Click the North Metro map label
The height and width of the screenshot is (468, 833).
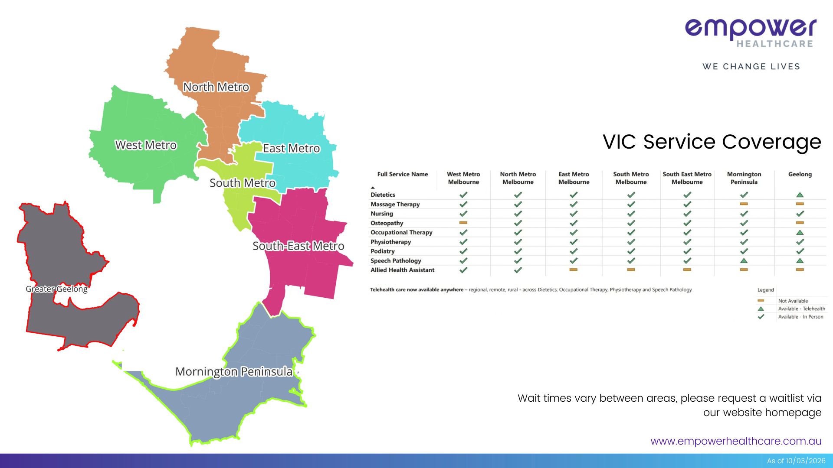click(x=216, y=87)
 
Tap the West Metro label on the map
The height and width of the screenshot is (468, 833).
click(x=146, y=145)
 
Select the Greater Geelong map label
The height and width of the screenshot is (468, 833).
click(x=56, y=289)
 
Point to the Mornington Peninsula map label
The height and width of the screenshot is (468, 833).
click(x=234, y=372)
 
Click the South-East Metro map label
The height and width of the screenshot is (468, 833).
click(x=298, y=246)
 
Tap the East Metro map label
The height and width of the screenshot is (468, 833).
click(x=291, y=149)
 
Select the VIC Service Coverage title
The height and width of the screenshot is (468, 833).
click(x=712, y=142)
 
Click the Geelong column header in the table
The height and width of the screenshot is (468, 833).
click(x=800, y=174)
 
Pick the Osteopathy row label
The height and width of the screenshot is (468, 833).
click(x=387, y=223)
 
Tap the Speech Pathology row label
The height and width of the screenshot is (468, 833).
click(x=396, y=261)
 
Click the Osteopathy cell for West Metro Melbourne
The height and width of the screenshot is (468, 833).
click(x=463, y=223)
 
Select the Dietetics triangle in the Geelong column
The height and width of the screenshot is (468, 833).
click(x=800, y=195)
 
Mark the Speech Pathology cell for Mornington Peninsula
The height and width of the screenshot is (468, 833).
click(x=744, y=261)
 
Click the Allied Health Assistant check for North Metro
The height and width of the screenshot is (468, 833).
click(x=518, y=270)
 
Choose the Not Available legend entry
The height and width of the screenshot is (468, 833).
click(x=793, y=301)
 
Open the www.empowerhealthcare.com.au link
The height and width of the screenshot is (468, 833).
click(x=736, y=441)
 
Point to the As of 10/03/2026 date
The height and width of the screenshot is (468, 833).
click(x=796, y=461)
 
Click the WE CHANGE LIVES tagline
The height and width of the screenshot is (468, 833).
click(x=751, y=67)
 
